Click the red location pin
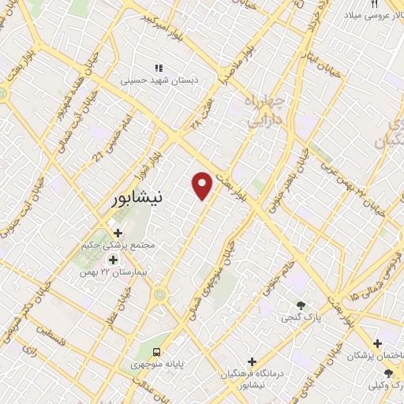[203, 185]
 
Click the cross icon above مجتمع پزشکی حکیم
[118, 234]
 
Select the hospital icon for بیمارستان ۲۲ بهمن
[113, 260]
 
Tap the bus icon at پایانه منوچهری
[156, 351]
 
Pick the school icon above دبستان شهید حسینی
[159, 68]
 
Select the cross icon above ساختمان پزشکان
[378, 344]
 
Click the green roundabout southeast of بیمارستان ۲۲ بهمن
[161, 294]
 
